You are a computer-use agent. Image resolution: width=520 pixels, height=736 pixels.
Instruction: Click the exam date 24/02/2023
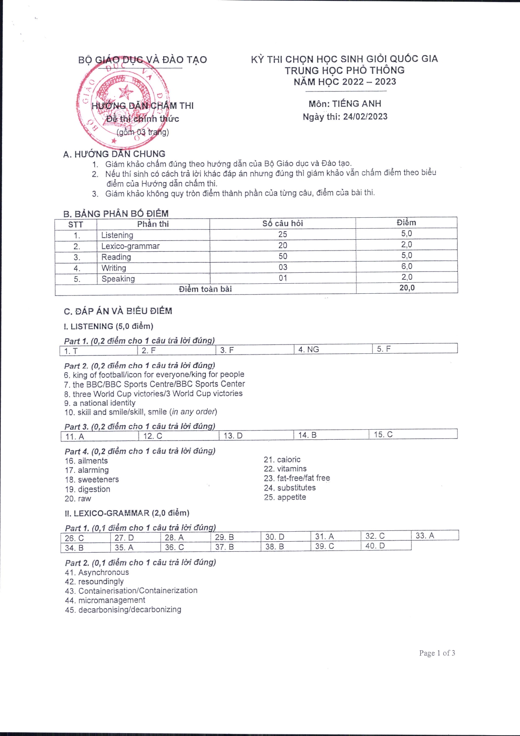point(365,117)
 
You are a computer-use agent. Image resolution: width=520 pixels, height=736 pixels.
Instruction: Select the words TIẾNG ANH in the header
point(357,104)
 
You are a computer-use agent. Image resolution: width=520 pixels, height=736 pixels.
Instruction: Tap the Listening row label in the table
point(117,235)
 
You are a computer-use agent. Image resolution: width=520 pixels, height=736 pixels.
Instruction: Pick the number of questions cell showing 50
point(283,256)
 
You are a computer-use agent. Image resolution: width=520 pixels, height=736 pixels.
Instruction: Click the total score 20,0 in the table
point(407,288)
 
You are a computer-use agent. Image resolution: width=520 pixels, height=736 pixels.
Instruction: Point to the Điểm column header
point(406,223)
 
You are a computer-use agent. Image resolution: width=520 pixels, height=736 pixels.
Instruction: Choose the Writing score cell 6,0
point(406,266)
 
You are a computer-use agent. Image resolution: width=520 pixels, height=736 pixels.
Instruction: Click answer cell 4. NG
point(309,349)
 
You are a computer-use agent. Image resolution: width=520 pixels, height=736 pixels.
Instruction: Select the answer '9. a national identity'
point(100,403)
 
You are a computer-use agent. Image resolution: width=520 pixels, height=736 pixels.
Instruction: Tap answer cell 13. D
point(233,436)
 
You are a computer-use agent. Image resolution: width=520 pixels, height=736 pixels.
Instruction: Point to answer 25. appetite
point(285,497)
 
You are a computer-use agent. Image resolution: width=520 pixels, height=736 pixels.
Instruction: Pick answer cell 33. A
point(425,535)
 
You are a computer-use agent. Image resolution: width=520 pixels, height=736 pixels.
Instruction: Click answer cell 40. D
point(375,546)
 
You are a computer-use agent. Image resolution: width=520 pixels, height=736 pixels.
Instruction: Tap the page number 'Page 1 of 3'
point(437,653)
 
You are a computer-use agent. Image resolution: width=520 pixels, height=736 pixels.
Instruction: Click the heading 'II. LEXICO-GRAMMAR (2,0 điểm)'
point(127,513)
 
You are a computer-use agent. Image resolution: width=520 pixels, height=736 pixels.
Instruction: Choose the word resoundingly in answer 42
point(101,582)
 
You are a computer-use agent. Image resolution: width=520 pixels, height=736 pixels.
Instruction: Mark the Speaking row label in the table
point(118,279)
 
